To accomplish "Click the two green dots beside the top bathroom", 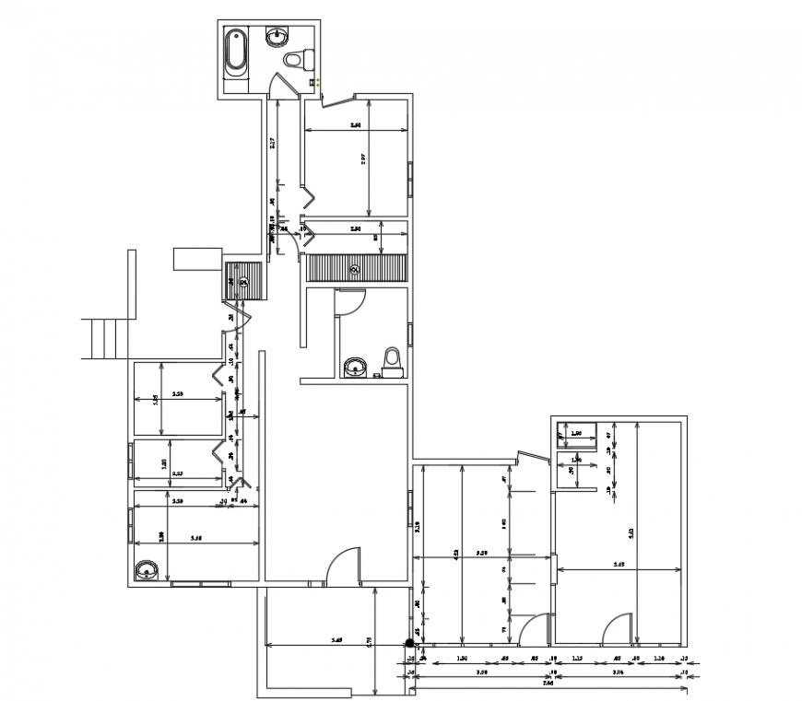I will tap(316, 83).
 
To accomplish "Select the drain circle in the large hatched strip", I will tap(355, 269).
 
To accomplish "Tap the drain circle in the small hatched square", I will tap(244, 282).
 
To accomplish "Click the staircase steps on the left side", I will tap(106, 337).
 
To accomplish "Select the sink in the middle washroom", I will tap(353, 368).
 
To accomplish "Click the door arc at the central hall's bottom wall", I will tap(344, 564).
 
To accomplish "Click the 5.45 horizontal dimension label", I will tap(619, 565).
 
